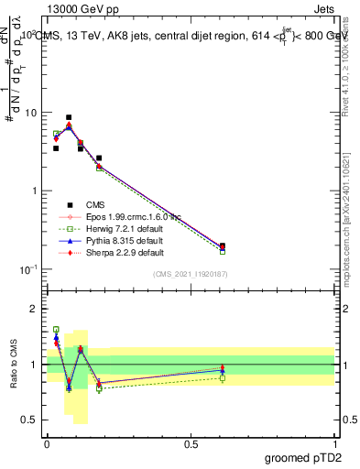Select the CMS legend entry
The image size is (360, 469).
(98, 205)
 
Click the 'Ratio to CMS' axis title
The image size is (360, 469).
(15, 365)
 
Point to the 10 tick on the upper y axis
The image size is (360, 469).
(33, 113)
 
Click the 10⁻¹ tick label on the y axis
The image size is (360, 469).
(29, 268)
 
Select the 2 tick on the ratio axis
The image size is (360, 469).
(35, 309)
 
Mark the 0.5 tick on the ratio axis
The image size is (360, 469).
(30, 420)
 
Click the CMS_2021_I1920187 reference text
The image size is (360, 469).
(191, 275)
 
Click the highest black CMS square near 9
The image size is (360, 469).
(69, 117)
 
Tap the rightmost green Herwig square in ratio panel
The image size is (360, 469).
(223, 377)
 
